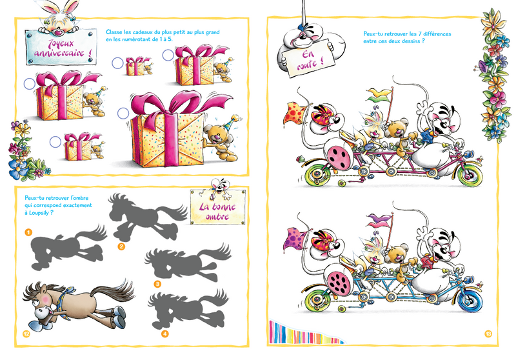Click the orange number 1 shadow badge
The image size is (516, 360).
click(x=28, y=232)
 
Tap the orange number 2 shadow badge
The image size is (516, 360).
click(x=121, y=246)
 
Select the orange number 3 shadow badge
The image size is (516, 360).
click(x=157, y=284)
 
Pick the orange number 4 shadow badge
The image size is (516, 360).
click(x=165, y=334)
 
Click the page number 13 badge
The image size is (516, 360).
click(x=488, y=334)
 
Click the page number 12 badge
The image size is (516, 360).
click(x=26, y=334)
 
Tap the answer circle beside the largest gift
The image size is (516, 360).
click(x=123, y=114)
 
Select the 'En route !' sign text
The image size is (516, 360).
click(x=310, y=59)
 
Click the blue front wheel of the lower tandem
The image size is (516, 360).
click(x=470, y=299)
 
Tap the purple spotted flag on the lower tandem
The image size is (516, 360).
click(x=295, y=237)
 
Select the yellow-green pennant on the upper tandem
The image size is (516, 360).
click(x=379, y=94)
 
